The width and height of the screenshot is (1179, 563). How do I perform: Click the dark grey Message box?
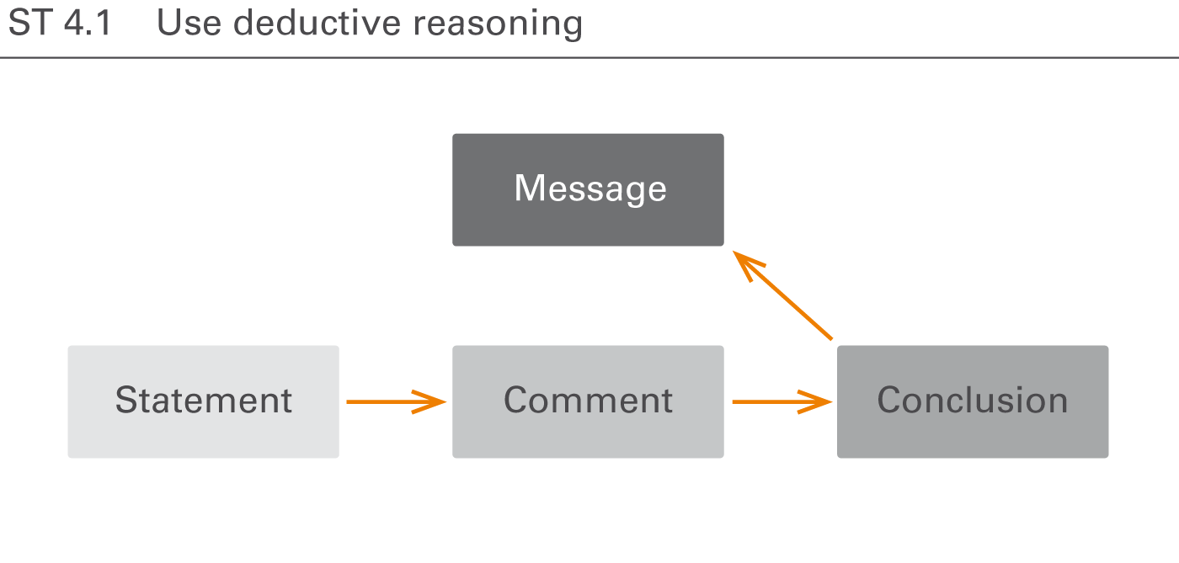588,189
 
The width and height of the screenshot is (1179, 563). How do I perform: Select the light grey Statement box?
203,401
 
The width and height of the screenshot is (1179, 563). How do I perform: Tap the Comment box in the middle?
588,401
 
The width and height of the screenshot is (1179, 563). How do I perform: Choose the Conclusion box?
973,401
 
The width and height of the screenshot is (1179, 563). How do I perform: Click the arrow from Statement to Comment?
392,402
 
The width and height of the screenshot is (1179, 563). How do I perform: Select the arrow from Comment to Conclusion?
779,402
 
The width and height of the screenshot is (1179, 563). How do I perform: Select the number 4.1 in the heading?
88,24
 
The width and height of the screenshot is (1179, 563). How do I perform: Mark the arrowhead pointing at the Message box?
744,261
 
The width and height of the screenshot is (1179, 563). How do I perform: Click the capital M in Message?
528,189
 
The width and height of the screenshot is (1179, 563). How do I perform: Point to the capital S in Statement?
125,401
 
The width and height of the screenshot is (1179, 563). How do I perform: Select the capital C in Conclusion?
890,401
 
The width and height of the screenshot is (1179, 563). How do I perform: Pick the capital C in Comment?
516,401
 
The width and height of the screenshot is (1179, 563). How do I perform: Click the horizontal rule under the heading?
589,58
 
